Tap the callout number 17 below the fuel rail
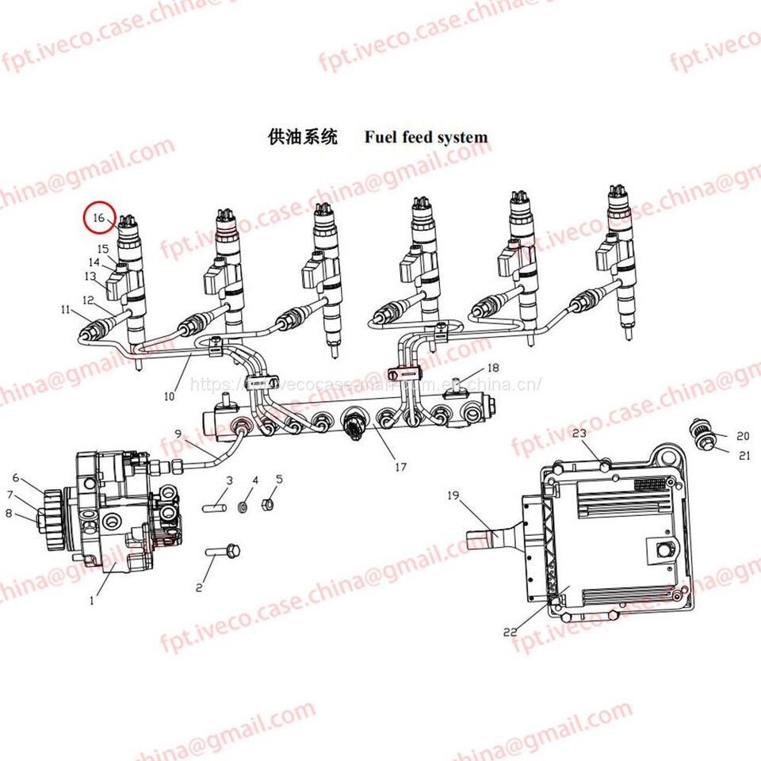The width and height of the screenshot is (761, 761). click(400, 467)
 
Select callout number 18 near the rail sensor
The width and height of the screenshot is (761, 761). click(493, 368)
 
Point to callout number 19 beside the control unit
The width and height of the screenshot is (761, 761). click(453, 497)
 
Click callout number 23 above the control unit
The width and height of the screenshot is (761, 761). click(579, 433)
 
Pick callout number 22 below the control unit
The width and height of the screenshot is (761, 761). click(511, 632)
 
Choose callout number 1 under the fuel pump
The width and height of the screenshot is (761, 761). click(91, 600)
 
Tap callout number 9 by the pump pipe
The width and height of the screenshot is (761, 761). click(178, 433)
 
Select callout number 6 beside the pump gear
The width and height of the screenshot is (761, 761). click(15, 477)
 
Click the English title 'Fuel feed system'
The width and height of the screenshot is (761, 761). click(426, 137)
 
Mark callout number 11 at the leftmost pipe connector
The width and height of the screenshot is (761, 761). click(65, 309)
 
